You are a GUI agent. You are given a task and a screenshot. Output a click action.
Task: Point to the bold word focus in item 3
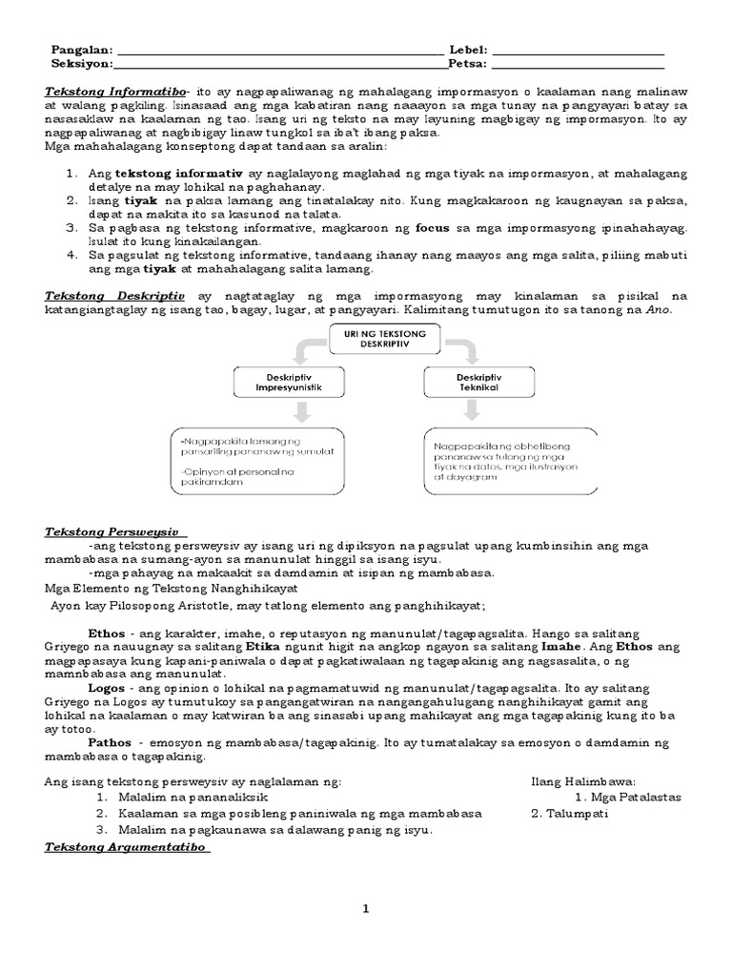431,230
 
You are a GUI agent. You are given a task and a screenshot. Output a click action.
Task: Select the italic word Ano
661,311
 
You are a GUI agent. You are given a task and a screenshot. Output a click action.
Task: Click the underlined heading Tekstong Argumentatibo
127,847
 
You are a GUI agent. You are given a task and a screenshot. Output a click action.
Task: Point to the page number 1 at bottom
365,909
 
